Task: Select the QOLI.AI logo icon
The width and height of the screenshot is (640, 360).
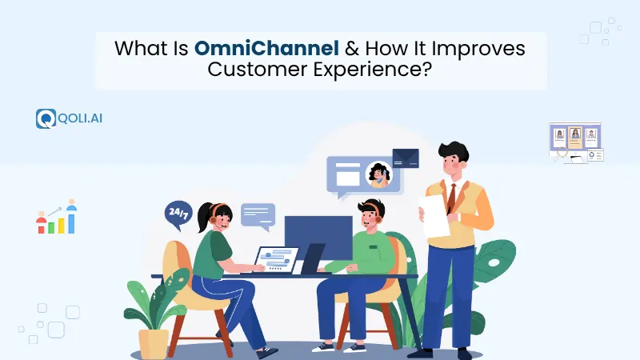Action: pos(45,118)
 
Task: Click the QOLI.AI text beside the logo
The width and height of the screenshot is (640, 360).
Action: pos(79,118)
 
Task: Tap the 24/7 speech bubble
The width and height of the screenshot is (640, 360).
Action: pos(178,214)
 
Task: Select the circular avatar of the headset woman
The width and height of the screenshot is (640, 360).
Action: pos(378,174)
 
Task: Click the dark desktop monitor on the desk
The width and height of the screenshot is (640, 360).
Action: pos(318,236)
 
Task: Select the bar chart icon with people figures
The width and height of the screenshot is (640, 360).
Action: pos(56,218)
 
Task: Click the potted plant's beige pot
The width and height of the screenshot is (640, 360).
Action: pos(154,342)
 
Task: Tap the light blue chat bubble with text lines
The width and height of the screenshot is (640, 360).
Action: pos(258,214)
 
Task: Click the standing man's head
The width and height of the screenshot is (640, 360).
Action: pos(454,158)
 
